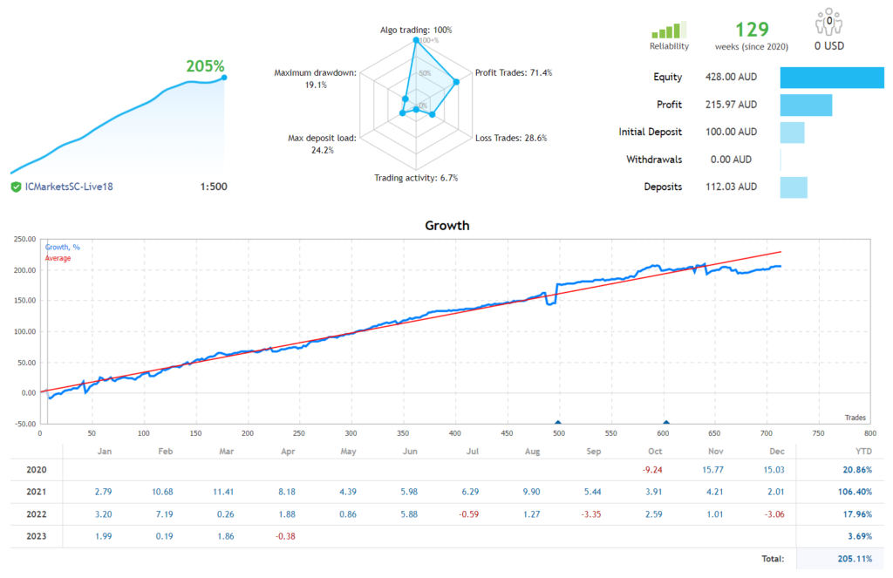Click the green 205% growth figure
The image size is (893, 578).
click(205, 66)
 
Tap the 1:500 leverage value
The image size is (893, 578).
click(213, 187)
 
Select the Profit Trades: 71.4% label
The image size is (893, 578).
click(513, 72)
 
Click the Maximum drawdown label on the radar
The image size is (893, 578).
click(315, 73)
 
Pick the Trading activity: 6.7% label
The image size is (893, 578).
click(416, 178)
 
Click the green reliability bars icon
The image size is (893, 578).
click(669, 30)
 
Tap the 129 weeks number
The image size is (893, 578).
click(752, 30)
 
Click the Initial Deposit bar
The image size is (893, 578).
click(792, 133)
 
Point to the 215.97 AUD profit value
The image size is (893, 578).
click(731, 105)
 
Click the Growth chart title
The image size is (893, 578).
click(446, 225)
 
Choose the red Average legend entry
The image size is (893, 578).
click(58, 258)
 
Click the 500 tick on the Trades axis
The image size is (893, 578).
click(558, 432)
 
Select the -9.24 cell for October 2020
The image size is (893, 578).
click(655, 470)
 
